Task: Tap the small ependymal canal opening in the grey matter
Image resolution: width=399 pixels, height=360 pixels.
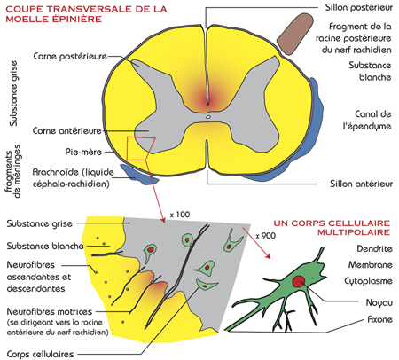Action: [x=208, y=117]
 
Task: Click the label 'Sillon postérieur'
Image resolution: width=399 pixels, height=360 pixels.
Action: [x=359, y=7]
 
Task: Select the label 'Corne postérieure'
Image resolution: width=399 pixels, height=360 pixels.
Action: [x=70, y=56]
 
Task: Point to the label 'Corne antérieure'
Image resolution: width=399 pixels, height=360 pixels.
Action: [x=67, y=130]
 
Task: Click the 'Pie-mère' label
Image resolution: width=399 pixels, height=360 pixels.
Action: [x=83, y=152]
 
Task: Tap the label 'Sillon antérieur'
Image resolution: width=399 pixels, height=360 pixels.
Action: [x=361, y=184]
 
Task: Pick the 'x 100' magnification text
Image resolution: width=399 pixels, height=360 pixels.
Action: [x=180, y=215]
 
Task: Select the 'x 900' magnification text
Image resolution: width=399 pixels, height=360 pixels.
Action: [x=266, y=236]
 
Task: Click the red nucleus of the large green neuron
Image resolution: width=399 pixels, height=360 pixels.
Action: [x=299, y=281]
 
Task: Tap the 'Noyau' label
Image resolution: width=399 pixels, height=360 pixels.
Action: [x=379, y=302]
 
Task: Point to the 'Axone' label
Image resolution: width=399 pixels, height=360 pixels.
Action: [x=379, y=319]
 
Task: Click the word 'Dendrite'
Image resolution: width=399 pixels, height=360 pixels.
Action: [x=374, y=249]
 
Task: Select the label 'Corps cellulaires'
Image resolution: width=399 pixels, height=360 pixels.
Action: [x=40, y=354]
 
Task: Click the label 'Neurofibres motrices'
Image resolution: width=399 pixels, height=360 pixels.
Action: [x=50, y=311]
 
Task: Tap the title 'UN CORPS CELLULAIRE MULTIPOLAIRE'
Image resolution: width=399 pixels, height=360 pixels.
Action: [x=332, y=228]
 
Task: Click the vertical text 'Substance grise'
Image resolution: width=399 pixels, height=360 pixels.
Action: [x=13, y=94]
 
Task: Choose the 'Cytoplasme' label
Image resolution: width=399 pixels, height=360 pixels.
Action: [x=368, y=281]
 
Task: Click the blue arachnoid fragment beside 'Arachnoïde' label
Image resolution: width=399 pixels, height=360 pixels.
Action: [x=139, y=175]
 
